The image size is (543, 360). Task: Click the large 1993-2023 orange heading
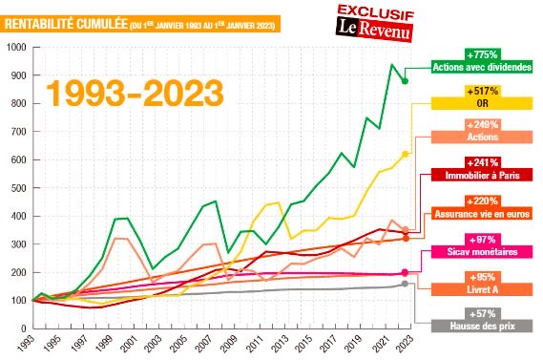pos(135,92)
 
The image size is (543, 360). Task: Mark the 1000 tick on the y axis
pos(16,47)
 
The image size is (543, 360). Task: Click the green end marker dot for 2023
pos(405,81)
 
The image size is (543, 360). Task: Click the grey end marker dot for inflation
pos(405,284)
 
